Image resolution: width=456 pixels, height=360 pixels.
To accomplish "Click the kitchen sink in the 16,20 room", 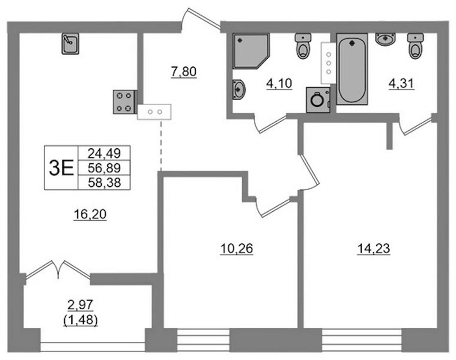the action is (71, 44).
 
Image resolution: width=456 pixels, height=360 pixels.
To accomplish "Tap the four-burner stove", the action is (125, 101).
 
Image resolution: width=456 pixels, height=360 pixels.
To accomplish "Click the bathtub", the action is (352, 69).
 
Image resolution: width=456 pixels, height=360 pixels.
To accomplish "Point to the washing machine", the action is (318, 100).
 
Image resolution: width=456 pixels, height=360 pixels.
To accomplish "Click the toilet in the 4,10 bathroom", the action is (303, 46).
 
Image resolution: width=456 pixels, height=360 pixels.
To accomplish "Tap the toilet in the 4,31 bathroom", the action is (415, 46).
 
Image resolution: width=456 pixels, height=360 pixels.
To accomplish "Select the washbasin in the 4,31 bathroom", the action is (385, 39).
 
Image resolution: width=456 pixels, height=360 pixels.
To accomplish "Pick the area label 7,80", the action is (184, 71).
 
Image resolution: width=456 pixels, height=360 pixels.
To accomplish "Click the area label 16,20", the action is (90, 215).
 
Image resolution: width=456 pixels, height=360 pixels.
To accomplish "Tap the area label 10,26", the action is (237, 249).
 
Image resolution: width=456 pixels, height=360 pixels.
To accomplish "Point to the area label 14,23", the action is (374, 249).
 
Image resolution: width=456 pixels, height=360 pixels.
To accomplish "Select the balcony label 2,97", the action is (80, 305).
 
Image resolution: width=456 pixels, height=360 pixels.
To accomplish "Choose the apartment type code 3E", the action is (61, 168).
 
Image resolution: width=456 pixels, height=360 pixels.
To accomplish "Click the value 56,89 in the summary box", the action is (104, 168).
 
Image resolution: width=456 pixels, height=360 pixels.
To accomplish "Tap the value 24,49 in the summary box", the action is (104, 153).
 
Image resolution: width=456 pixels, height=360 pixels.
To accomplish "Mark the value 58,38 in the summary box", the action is (104, 183).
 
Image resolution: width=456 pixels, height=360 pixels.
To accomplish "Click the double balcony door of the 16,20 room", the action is (58, 270).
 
